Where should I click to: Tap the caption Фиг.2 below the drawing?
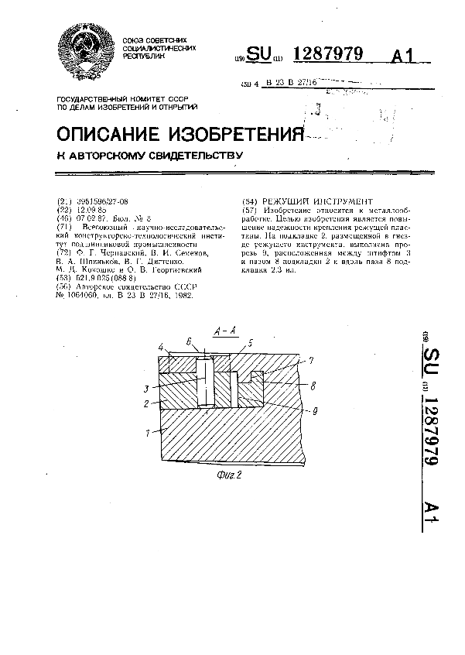coord(230,476)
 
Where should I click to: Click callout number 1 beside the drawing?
coord(148,433)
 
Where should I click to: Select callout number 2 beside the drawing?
coord(148,403)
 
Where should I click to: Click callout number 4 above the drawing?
coord(160,346)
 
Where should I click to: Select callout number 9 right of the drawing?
coord(314,412)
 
